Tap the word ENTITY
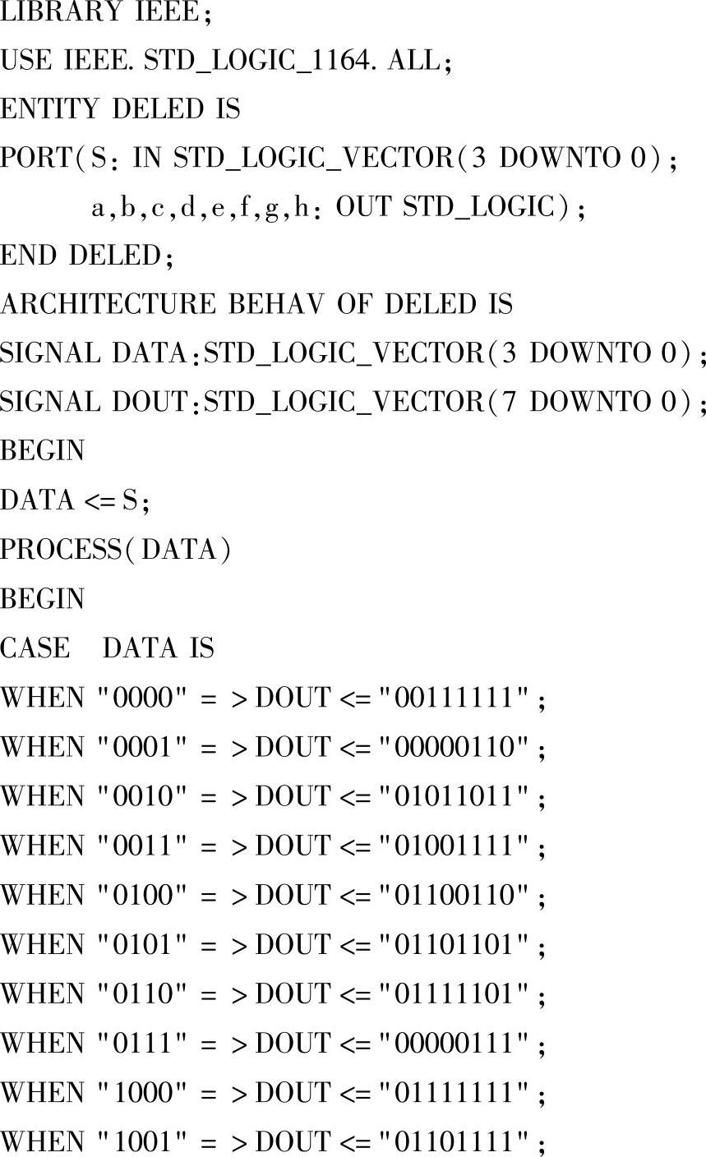[49, 109]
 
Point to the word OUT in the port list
[365, 208]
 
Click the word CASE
[35, 648]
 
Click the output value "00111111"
[460, 698]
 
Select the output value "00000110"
[460, 747]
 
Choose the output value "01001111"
[460, 846]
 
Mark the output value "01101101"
[460, 944]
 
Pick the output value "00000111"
[460, 1043]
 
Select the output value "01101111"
[460, 1141]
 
